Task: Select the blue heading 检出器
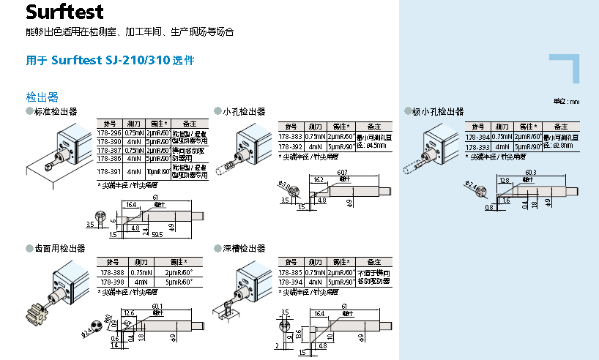[42, 97]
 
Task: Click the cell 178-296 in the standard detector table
[109, 133]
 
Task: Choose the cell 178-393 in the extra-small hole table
[478, 146]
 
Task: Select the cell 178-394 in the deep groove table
[291, 282]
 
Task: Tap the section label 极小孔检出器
[437, 112]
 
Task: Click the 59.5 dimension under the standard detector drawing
[157, 235]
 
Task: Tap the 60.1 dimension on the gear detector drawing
[157, 306]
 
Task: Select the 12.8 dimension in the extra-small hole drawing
[504, 179]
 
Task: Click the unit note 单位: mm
[566, 101]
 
